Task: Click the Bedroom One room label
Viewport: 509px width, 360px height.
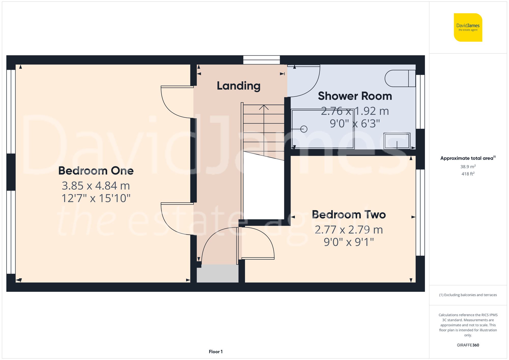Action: click(x=96, y=171)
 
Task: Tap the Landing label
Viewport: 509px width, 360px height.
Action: click(x=238, y=86)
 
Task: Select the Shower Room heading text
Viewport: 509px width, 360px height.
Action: click(x=355, y=96)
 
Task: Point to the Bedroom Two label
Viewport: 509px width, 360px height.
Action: click(x=349, y=215)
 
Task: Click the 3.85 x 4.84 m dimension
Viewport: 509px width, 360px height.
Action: click(x=96, y=186)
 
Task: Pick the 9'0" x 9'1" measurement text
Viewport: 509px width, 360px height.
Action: click(x=349, y=242)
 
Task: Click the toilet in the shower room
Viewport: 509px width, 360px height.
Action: click(x=400, y=78)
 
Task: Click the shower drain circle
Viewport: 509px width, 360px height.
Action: click(x=304, y=129)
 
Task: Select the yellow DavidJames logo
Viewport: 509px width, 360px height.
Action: click(x=468, y=27)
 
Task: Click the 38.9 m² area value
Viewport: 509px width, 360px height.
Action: click(x=468, y=167)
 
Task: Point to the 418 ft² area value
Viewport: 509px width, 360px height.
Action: click(x=468, y=174)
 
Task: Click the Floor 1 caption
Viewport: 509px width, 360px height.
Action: click(x=216, y=352)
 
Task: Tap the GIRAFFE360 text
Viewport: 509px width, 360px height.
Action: click(x=468, y=345)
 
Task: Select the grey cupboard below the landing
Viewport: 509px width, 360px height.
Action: click(x=218, y=273)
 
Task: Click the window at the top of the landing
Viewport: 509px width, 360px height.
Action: click(x=261, y=60)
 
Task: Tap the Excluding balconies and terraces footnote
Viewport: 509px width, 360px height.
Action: click(x=468, y=295)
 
